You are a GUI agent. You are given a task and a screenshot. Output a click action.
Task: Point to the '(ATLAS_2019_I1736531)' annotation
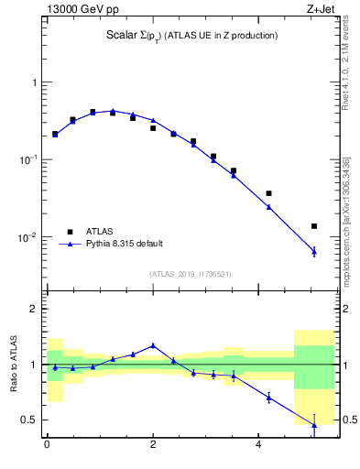190,274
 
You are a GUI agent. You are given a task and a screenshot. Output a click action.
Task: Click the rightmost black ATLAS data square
313,226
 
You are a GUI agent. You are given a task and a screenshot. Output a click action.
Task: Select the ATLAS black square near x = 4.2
268,193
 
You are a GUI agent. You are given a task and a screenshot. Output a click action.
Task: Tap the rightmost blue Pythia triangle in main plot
313,251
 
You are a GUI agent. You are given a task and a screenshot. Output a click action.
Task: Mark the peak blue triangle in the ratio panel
153,345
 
